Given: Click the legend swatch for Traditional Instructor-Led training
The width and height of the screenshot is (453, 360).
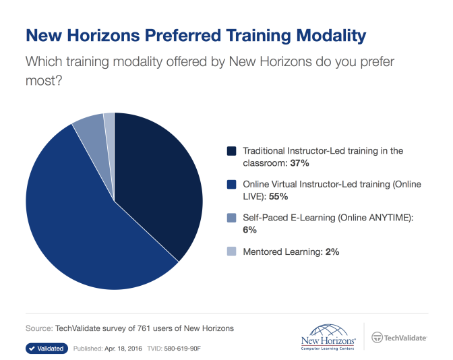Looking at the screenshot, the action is [x=231, y=151].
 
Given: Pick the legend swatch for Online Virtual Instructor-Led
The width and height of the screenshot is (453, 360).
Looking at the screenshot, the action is [x=231, y=184].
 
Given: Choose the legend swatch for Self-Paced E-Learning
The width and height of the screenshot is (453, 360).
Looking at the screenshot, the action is [x=231, y=218].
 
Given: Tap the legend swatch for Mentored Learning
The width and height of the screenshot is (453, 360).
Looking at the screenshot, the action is [x=231, y=251].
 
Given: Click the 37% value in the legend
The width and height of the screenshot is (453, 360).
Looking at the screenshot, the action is [x=299, y=163].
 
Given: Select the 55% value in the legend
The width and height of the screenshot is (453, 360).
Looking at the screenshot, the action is [x=278, y=197].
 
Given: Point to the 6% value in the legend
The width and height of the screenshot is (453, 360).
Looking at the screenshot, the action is [x=249, y=230].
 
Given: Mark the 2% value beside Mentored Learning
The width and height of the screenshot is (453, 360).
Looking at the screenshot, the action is [x=332, y=251].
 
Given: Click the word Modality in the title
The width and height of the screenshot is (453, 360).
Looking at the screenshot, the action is [x=331, y=36].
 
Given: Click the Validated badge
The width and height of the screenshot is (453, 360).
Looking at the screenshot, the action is [x=47, y=349].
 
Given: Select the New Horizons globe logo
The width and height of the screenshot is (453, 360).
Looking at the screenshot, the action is [x=328, y=337].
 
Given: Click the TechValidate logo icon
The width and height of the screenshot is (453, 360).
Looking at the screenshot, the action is [x=377, y=338].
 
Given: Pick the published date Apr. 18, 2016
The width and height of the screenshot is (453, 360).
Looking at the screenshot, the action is [x=123, y=349].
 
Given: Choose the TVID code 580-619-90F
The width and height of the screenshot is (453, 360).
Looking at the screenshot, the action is [x=182, y=349].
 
